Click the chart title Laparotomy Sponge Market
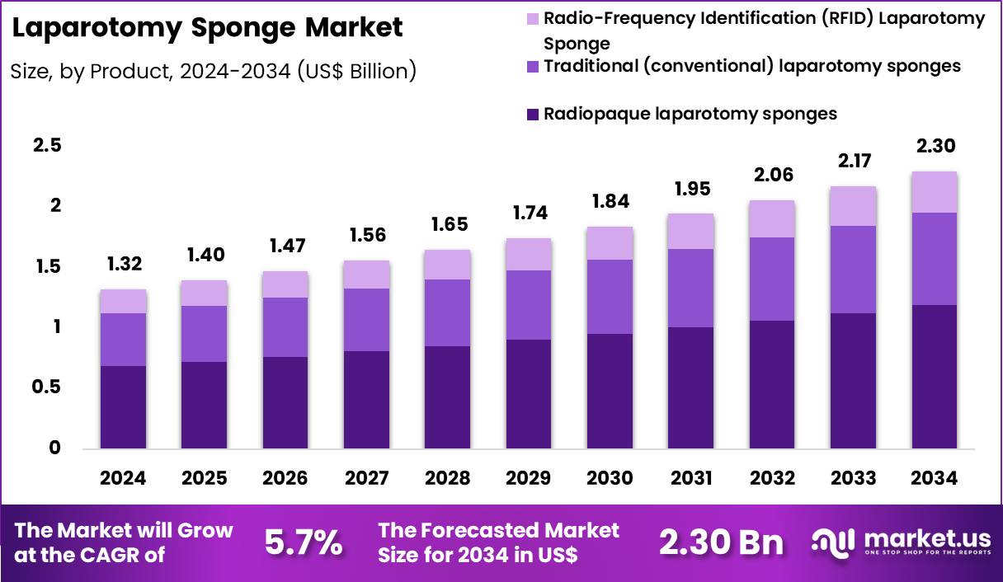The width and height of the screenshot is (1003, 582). tap(208, 28)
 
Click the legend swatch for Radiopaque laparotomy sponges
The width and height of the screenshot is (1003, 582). tap(532, 115)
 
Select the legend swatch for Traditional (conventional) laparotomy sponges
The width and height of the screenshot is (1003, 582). tap(532, 66)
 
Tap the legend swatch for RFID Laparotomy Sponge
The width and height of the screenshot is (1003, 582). tap(532, 18)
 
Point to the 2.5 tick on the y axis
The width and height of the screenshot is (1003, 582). tap(47, 145)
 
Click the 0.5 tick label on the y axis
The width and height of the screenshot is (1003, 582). tap(47, 387)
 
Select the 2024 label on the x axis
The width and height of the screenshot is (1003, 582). tap(123, 479)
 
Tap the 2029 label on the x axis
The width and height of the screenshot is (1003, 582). tap(529, 479)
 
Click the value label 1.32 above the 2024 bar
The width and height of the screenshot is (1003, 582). tap(123, 265)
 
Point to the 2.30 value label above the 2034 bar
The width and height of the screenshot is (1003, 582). tap(935, 146)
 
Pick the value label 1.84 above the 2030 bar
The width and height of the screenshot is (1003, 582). tap(610, 201)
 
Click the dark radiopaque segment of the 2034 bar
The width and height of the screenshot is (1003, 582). tap(935, 377)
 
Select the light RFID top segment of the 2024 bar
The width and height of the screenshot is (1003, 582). tap(123, 302)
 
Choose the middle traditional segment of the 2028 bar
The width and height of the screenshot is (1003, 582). tap(447, 312)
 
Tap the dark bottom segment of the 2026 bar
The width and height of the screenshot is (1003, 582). tap(285, 402)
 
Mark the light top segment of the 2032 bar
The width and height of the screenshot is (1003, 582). tap(772, 219)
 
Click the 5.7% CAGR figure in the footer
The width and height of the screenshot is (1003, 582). tap(304, 542)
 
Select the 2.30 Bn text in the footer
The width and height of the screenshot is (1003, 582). tap(721, 542)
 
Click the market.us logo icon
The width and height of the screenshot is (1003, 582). tap(833, 541)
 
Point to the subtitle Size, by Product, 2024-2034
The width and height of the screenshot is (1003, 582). tap(213, 72)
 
